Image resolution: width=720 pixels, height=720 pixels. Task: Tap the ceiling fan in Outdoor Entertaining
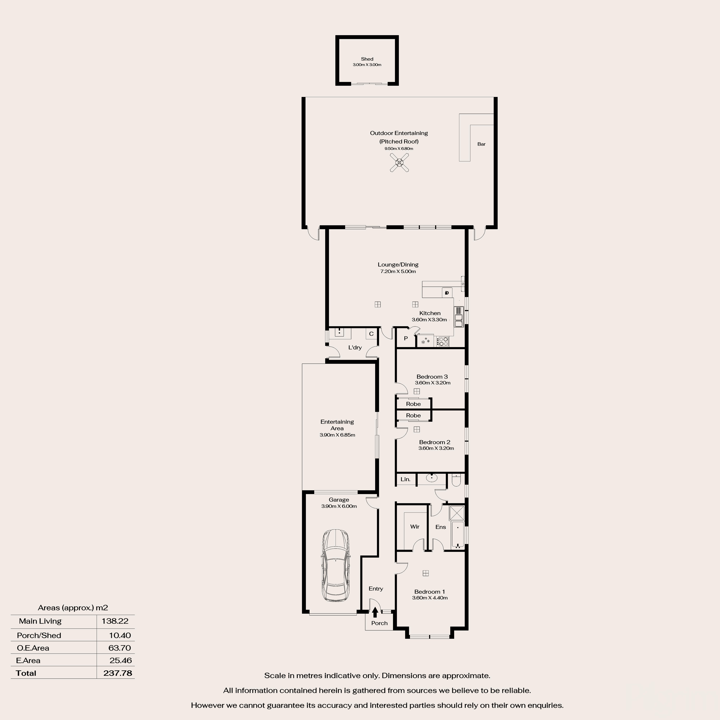click(399, 162)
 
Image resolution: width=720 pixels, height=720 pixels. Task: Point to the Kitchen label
click(430, 313)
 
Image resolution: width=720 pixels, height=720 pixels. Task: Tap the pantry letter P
click(406, 338)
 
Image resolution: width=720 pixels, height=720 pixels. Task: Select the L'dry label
click(355, 347)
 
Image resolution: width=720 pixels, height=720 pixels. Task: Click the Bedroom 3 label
click(432, 376)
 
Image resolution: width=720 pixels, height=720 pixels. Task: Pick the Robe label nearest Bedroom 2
click(413, 415)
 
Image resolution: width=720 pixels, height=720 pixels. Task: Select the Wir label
click(415, 527)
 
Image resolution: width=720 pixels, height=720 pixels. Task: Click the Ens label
click(441, 527)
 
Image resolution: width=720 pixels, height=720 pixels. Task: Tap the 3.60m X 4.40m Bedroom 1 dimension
click(430, 598)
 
